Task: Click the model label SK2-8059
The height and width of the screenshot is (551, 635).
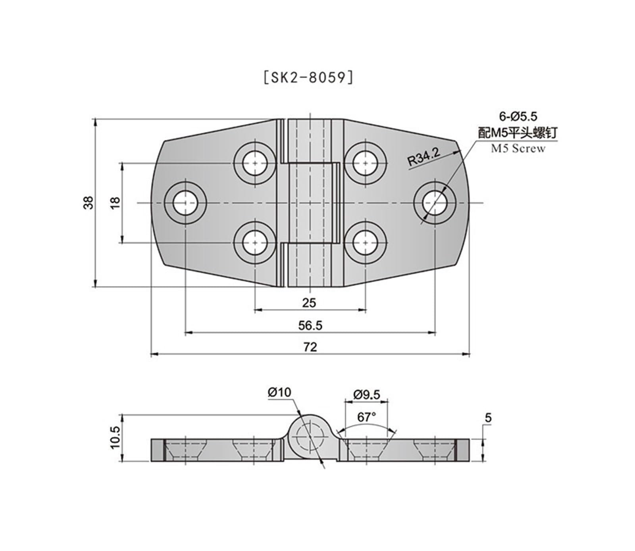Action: click(308, 78)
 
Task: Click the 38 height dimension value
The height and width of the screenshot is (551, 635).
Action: click(89, 202)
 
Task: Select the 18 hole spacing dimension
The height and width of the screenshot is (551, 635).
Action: click(115, 202)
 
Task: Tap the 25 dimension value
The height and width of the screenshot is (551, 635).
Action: click(309, 303)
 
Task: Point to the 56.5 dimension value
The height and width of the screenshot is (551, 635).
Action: click(310, 326)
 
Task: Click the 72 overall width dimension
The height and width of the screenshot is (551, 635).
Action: click(310, 347)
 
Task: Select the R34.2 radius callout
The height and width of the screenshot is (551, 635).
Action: click(424, 157)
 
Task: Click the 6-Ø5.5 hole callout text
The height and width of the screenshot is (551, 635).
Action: click(518, 116)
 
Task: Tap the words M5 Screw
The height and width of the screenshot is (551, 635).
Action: click(518, 148)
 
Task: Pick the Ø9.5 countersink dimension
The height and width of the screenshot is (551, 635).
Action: click(366, 395)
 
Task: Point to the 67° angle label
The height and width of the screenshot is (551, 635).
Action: click(366, 417)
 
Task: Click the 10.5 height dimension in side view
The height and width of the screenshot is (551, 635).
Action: click(115, 437)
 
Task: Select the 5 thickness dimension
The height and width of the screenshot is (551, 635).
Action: click(488, 418)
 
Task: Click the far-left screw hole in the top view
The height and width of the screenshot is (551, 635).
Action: click(185, 203)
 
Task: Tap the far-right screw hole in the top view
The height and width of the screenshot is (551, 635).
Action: click(435, 203)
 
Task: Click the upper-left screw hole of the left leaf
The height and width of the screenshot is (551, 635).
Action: click(255, 163)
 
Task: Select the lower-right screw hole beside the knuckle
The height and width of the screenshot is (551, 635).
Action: click(365, 243)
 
